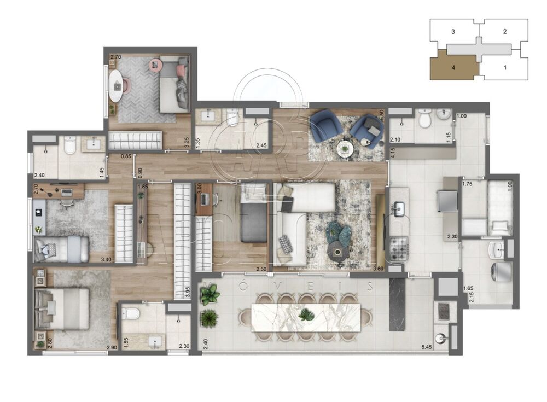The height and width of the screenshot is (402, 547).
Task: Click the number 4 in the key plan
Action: pos(453,68)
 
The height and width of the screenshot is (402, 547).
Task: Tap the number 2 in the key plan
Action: pos(505,32)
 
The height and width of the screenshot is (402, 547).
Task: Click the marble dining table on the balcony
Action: pos(306,317)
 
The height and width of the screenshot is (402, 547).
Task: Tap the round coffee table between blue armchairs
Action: pos(345,148)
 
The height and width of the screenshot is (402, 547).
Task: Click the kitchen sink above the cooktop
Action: pos(398,208)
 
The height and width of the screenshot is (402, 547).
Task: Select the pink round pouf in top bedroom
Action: pos(155,66)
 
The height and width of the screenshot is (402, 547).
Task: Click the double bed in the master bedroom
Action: pos(61,309)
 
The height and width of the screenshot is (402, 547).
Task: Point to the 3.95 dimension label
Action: pos(187,292)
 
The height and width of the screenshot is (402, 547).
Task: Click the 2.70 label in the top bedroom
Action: pos(115,56)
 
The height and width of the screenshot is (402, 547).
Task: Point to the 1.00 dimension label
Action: pos(461,116)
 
